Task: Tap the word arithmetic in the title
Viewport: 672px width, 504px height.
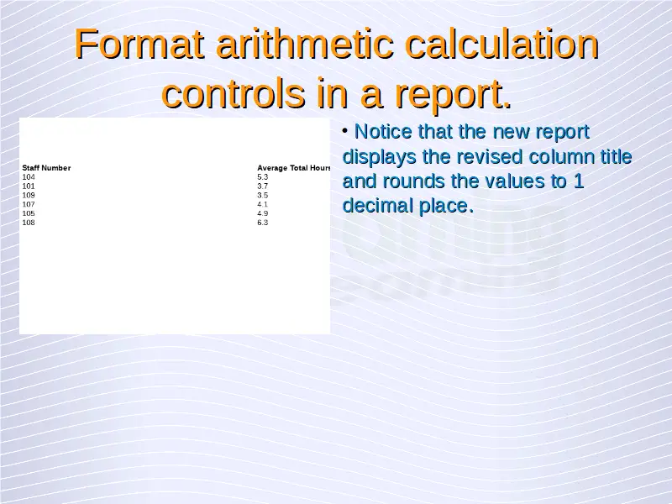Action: pos(305,44)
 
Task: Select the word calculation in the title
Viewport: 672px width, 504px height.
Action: pos(501,44)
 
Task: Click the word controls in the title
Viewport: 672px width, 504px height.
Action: pos(234,93)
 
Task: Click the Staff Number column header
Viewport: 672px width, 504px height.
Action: pos(46,168)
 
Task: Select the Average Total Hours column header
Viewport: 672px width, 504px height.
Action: pos(293,168)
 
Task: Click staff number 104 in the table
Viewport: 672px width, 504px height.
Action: pos(29,177)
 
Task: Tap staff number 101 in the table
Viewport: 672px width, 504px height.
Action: pos(29,186)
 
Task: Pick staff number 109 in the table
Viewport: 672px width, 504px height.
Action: pos(29,195)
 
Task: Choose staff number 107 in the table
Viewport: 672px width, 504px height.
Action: pos(29,204)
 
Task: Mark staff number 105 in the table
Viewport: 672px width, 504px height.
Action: pos(29,213)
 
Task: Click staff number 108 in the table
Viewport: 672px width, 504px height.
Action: pos(29,223)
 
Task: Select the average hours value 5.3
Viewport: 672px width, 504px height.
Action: pos(263,177)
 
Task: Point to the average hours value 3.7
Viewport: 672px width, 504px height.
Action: pos(263,186)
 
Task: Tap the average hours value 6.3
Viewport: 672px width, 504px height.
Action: pos(263,223)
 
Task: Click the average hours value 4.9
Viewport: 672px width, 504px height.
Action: pos(263,213)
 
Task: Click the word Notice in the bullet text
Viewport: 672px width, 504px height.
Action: pos(383,132)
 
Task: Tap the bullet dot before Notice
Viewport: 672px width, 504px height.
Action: pos(345,130)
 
